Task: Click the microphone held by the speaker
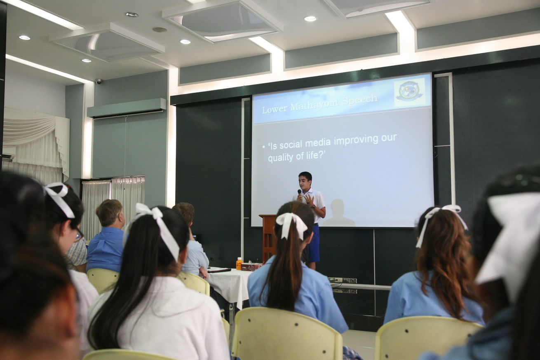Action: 299,194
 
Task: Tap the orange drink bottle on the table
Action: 239,264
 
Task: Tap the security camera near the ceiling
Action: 99,81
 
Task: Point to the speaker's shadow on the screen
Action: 338,213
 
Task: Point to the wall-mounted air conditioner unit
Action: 127,108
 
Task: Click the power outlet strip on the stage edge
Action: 343,280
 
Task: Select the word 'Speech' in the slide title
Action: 360,100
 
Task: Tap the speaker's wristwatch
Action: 313,206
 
